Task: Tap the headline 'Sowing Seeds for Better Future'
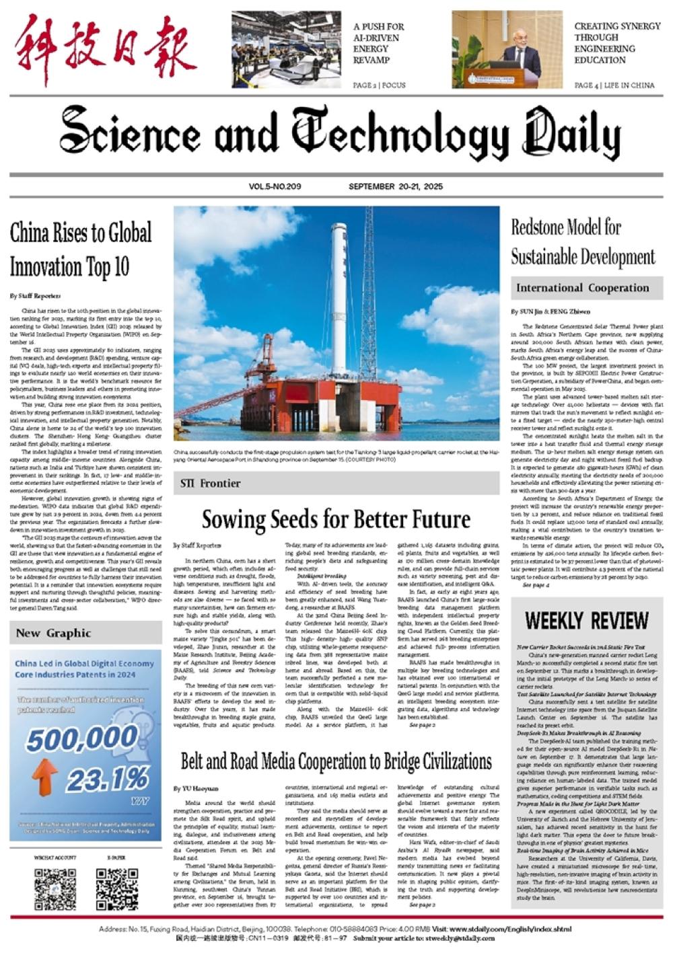point(336,519)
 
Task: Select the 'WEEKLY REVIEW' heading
point(587,620)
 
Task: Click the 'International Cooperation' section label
point(582,288)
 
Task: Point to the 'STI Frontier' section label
point(211,483)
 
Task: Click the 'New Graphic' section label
point(53,633)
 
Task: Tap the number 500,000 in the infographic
point(73,739)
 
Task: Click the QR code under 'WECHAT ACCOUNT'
point(55,889)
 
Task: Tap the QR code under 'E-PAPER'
point(116,889)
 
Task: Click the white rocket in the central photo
point(339,296)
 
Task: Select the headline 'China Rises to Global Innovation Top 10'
point(81,250)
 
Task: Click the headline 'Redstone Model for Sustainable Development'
point(583,242)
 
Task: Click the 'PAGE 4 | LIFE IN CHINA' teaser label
point(614,85)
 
